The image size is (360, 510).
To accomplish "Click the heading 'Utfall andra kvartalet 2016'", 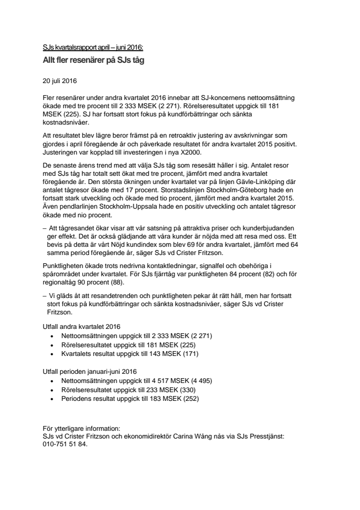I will (81, 327).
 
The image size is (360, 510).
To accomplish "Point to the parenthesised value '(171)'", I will (190, 354).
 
